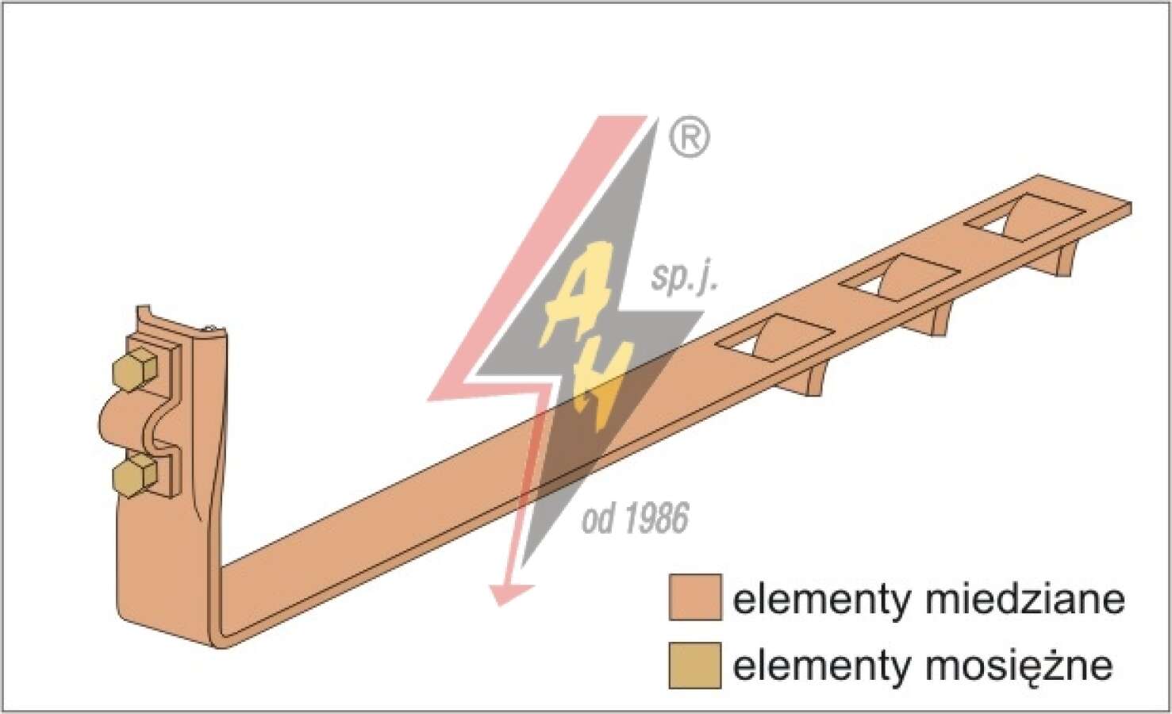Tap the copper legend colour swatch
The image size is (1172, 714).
(x=695, y=597)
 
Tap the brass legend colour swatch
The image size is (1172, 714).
(x=695, y=666)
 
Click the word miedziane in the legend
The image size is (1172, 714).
(x=1026, y=600)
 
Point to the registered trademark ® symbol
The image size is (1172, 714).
(x=690, y=137)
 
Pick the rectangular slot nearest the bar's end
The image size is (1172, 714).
(x=1024, y=217)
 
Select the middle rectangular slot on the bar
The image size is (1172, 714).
(x=899, y=277)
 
